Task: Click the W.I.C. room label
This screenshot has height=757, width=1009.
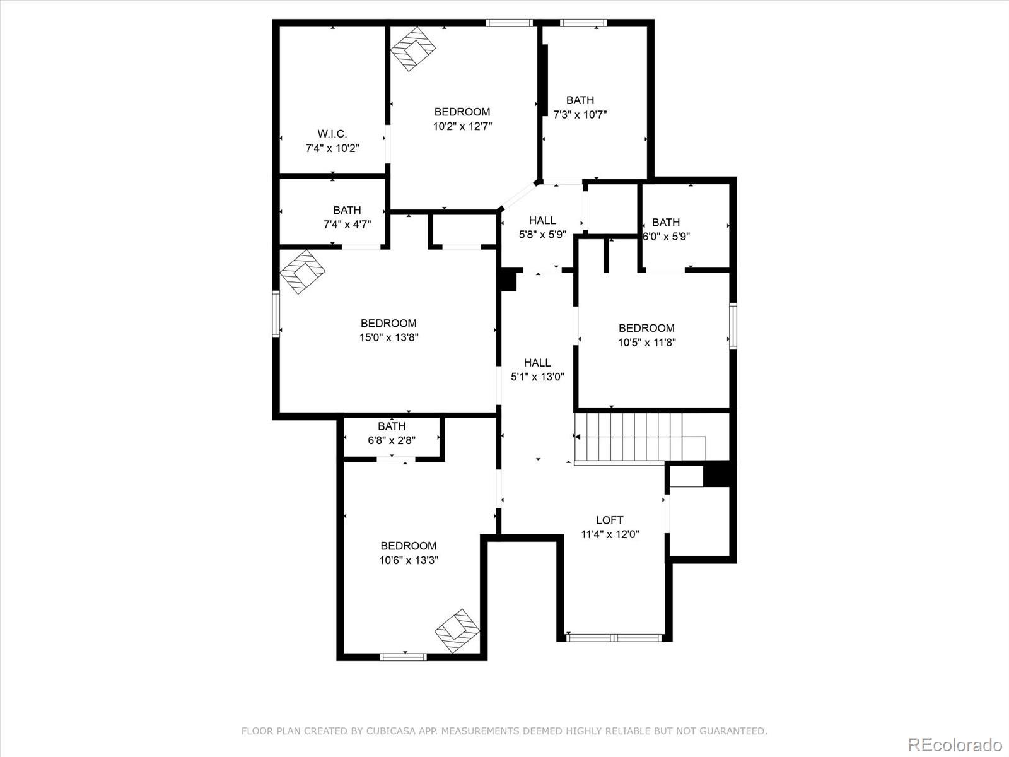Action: [x=332, y=134]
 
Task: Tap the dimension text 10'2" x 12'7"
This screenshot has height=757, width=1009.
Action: [x=462, y=126]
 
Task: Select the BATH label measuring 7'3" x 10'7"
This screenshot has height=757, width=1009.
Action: [x=580, y=100]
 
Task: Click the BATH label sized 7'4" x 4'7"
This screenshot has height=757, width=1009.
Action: [x=347, y=210]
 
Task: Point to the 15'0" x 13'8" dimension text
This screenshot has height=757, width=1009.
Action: [x=389, y=337]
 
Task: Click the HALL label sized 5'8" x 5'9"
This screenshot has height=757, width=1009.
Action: [x=542, y=220]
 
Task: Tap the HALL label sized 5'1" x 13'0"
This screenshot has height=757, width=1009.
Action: [x=537, y=362]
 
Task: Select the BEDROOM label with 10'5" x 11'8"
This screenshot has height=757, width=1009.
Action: [x=646, y=328]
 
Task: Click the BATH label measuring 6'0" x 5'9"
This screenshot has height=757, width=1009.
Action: [x=666, y=222]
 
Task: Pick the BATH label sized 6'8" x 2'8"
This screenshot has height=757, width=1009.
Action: [x=392, y=426]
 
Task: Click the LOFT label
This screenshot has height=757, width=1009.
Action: [x=610, y=520]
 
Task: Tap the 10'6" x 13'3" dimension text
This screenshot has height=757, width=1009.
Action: [x=409, y=560]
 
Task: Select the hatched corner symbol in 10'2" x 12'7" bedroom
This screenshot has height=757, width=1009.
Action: [x=413, y=49]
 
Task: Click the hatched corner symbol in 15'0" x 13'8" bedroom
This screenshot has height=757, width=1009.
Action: [x=302, y=271]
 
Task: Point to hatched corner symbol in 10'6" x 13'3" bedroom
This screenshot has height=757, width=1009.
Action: [x=457, y=631]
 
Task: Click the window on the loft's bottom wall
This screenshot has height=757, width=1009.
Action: [x=614, y=638]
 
